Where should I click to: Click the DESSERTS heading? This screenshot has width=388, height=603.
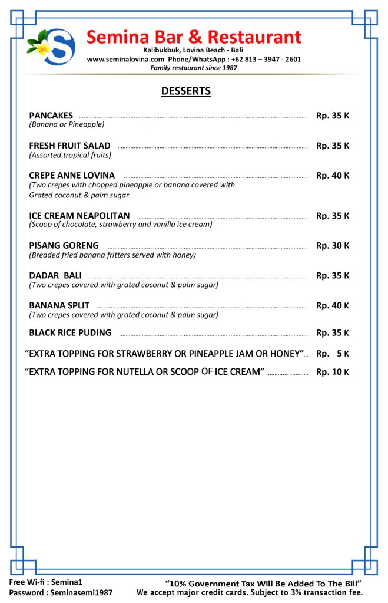point(185,91)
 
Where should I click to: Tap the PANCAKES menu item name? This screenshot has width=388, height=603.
point(51,116)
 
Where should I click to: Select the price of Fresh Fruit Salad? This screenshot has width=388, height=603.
point(332,146)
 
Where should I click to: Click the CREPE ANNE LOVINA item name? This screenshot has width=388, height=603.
point(72,176)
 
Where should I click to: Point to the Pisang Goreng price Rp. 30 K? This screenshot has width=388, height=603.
point(332,245)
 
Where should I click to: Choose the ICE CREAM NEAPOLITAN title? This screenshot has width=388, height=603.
point(79,216)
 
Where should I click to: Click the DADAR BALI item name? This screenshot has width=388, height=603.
point(55,275)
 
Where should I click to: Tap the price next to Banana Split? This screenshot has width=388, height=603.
point(332,305)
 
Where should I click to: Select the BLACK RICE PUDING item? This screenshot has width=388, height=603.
point(70,332)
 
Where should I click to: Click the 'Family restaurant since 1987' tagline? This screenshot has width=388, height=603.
point(194,68)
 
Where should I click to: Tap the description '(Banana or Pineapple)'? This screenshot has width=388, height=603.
point(67,125)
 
